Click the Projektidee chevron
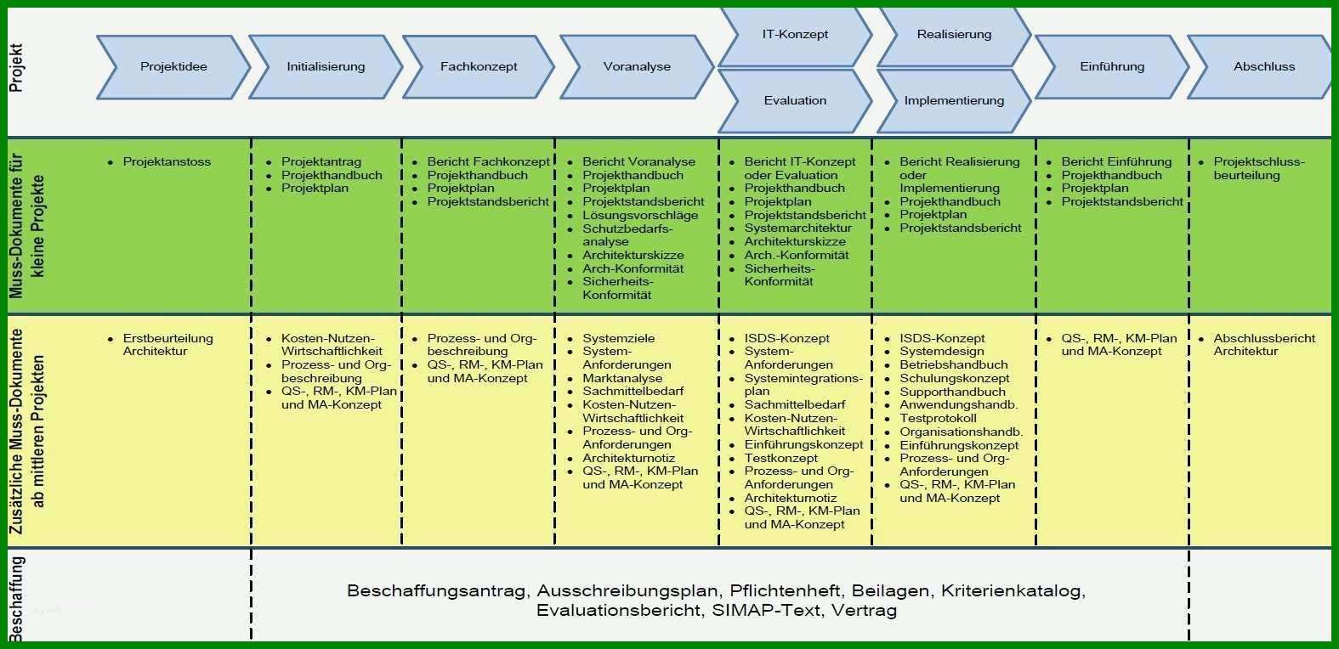click(x=173, y=67)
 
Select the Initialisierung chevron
click(x=326, y=67)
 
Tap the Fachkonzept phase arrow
click(x=479, y=67)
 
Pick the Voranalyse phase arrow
click(x=637, y=67)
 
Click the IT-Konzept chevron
click(x=795, y=35)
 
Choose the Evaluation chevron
click(x=795, y=100)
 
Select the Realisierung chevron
click(x=954, y=35)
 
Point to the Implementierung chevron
click(x=954, y=100)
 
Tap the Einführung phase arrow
click(x=1112, y=67)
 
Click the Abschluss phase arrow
click(x=1262, y=67)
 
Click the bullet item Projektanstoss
click(x=167, y=161)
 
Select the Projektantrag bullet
click(x=321, y=161)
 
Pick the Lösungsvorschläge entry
click(x=640, y=215)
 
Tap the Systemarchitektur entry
click(x=798, y=228)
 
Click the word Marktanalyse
click(x=622, y=378)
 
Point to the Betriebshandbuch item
click(x=953, y=364)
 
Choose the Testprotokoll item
click(x=938, y=418)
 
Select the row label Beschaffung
click(x=17, y=599)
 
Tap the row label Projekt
click(x=16, y=67)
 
